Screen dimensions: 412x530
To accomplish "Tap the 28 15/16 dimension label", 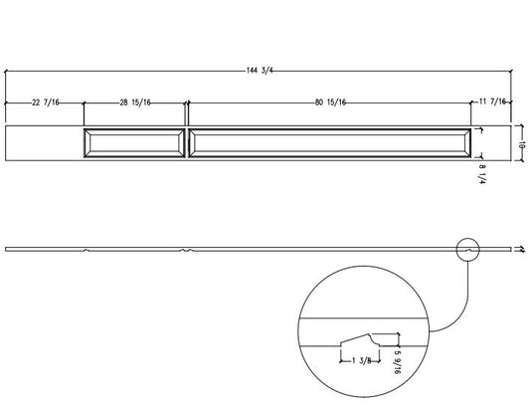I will click(133, 103).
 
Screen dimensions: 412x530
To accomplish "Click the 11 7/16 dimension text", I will click(493, 103).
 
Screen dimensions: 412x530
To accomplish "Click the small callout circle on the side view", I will click(467, 249).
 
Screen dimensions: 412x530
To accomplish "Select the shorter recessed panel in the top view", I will click(133, 142).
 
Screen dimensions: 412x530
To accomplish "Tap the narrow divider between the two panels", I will click(186, 142).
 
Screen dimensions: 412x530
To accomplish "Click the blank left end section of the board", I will click(43, 142).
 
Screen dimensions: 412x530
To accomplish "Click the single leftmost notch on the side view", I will click(88, 250).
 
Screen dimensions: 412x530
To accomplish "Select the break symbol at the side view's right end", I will click(520, 249).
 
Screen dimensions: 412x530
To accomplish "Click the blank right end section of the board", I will click(493, 142).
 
